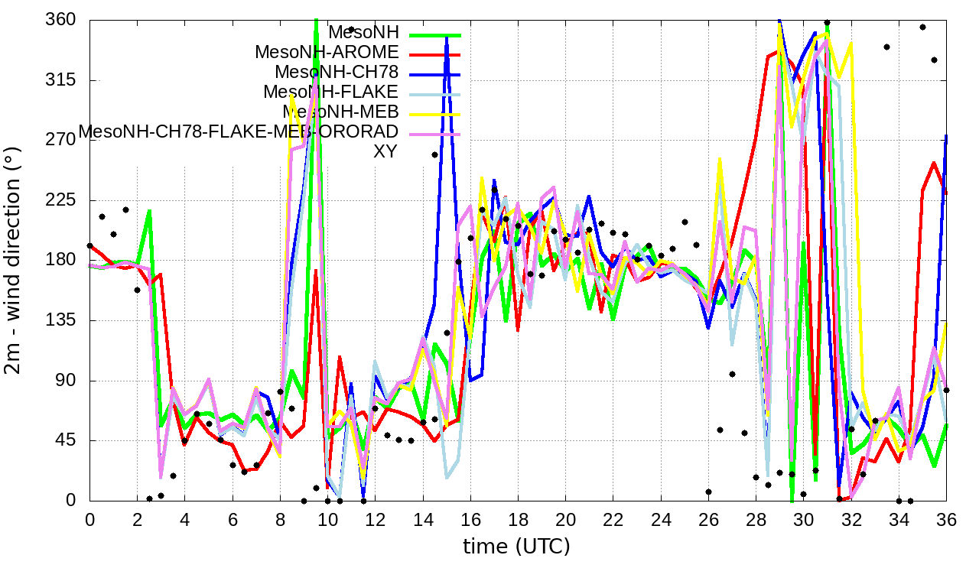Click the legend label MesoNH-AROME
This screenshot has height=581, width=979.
(x=327, y=53)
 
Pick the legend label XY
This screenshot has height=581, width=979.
(x=385, y=151)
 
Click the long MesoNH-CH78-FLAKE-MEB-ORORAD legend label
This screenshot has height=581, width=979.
(x=239, y=131)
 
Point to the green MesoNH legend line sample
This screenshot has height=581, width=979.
(x=435, y=34)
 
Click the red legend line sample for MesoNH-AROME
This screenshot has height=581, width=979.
(x=435, y=54)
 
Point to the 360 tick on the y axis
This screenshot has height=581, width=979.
(x=61, y=20)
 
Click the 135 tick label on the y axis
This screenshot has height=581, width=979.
(x=61, y=320)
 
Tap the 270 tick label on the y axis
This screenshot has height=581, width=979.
(x=61, y=140)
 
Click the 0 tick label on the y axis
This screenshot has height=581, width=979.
(x=70, y=501)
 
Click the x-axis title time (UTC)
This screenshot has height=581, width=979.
(x=516, y=547)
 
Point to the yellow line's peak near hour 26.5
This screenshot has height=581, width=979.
(x=720, y=159)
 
